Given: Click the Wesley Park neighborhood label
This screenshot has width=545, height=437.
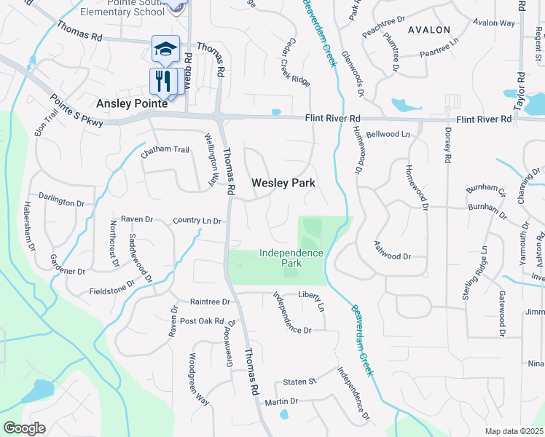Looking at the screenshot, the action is [283, 184].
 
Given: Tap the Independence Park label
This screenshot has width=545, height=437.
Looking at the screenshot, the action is [291, 258].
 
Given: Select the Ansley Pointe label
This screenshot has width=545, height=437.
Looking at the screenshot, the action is [133, 103].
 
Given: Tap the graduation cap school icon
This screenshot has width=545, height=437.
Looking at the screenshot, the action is [165, 49].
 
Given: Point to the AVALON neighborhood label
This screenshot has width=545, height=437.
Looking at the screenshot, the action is [429, 30].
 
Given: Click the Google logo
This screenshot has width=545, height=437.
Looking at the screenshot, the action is [24, 428].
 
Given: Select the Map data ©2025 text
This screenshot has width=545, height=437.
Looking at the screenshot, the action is [514, 431].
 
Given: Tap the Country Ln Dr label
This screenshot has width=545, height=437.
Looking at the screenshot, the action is [197, 220].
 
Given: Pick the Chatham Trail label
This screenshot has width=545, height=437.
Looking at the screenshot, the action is [165, 150].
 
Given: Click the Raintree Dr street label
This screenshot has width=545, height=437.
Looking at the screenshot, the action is [210, 302].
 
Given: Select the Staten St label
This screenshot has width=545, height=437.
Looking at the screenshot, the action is [299, 382].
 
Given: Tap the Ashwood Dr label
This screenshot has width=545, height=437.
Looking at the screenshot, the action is [393, 256].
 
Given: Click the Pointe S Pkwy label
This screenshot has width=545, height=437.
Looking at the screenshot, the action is [77, 111].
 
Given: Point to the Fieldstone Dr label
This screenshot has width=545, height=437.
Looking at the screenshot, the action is [112, 285].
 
